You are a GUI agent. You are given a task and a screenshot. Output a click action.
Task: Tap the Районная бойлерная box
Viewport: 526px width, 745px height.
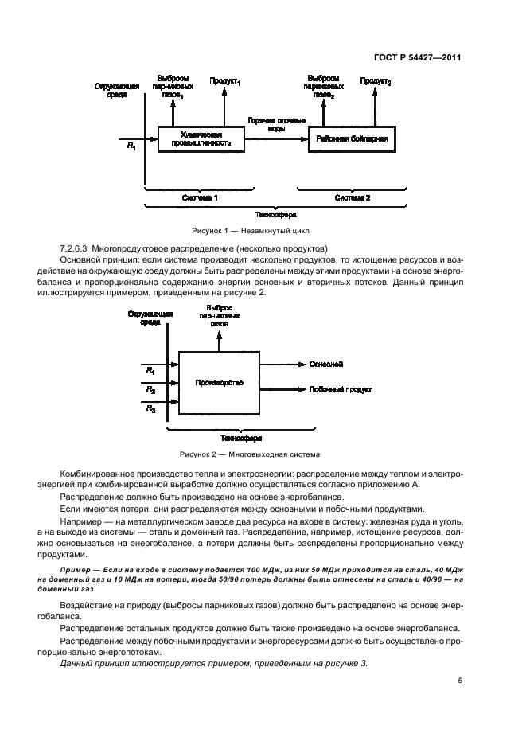click(351, 138)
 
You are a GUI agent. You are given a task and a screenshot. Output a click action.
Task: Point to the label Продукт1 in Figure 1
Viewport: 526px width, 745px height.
click(225, 81)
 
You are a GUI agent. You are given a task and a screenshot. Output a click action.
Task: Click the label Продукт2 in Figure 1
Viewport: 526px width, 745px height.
click(375, 81)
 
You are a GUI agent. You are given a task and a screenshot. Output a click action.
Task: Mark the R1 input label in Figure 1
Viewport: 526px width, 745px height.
click(131, 146)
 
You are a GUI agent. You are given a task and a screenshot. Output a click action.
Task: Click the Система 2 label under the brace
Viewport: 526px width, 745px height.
click(352, 197)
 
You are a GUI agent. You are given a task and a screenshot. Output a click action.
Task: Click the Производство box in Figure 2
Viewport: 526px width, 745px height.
click(219, 383)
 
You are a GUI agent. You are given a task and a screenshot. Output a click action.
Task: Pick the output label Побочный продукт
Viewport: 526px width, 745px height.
click(340, 390)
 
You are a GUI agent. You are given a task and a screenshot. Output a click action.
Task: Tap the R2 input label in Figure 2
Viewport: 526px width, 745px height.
click(150, 390)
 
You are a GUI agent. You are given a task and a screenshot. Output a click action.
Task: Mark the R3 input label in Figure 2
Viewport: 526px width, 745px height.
click(150, 408)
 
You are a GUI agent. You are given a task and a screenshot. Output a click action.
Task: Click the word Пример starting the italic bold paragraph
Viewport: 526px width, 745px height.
click(76, 572)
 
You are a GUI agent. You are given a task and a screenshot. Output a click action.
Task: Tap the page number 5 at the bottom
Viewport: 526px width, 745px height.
click(460, 680)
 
